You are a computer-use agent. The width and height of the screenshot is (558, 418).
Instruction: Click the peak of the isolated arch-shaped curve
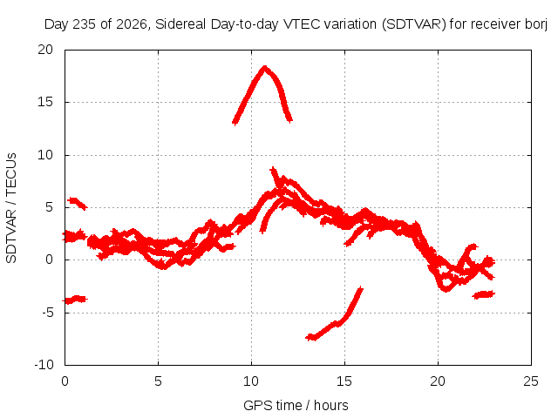click(x=264, y=68)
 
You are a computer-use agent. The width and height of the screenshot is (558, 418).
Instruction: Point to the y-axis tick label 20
click(x=45, y=50)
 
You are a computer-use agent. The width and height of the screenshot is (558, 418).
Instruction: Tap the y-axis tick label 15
click(x=45, y=102)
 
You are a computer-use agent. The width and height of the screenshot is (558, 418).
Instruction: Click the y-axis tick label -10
click(x=44, y=365)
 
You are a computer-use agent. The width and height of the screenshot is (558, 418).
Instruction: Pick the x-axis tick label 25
click(x=531, y=381)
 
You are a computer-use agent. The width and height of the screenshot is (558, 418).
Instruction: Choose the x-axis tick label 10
click(x=251, y=381)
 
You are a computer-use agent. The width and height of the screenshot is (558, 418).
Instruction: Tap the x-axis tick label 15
click(x=344, y=381)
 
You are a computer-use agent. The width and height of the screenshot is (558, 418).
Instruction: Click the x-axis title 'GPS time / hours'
click(x=296, y=406)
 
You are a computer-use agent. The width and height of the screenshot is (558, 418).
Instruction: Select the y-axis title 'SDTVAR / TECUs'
click(x=11, y=208)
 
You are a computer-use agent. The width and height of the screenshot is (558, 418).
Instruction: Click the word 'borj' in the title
click(x=536, y=24)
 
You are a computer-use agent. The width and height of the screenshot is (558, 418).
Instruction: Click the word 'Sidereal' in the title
click(x=180, y=24)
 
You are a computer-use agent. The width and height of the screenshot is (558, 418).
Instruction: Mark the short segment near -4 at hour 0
click(x=75, y=300)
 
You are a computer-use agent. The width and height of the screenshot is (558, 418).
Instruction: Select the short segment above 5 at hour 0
click(x=78, y=203)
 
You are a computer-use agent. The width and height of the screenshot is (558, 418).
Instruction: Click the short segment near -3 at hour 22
click(x=484, y=294)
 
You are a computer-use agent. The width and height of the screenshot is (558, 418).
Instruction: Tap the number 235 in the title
click(x=85, y=24)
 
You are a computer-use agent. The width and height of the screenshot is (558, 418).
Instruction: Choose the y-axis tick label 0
click(x=49, y=260)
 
